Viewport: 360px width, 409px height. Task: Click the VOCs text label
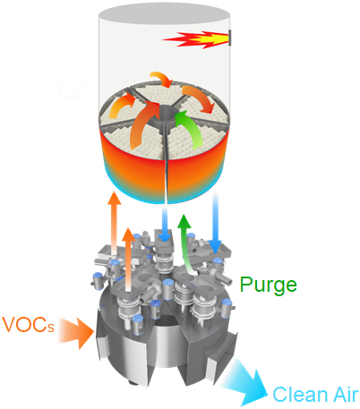[28, 324]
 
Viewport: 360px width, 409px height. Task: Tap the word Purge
[269, 285]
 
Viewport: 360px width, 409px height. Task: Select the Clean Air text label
[315, 395]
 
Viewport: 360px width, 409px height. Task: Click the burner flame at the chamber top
[196, 39]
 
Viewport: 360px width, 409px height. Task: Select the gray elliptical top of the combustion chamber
[164, 14]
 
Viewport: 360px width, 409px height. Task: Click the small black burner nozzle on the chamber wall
[230, 38]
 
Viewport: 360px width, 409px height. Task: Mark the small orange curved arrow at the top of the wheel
[162, 79]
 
